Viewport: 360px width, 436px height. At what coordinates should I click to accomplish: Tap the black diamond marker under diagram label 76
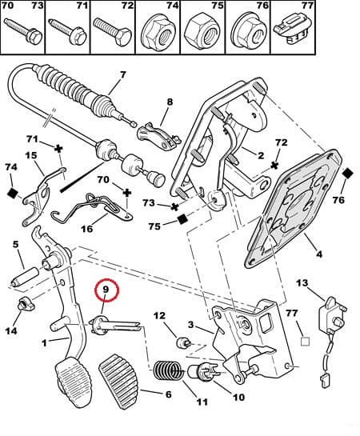(347, 174)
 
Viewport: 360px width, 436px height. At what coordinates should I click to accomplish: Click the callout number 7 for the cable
(122, 77)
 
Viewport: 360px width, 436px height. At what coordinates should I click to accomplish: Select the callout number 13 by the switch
(302, 283)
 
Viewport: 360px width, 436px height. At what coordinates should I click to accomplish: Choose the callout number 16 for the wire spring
(87, 229)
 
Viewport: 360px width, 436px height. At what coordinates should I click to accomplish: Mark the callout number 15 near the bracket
(31, 156)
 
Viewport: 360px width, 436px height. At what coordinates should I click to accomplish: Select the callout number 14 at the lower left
(11, 331)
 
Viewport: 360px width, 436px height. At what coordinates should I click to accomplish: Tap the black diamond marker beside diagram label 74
(13, 194)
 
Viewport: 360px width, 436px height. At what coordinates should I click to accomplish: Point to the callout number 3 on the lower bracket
(190, 324)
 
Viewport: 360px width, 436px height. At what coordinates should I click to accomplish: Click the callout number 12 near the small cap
(158, 317)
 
